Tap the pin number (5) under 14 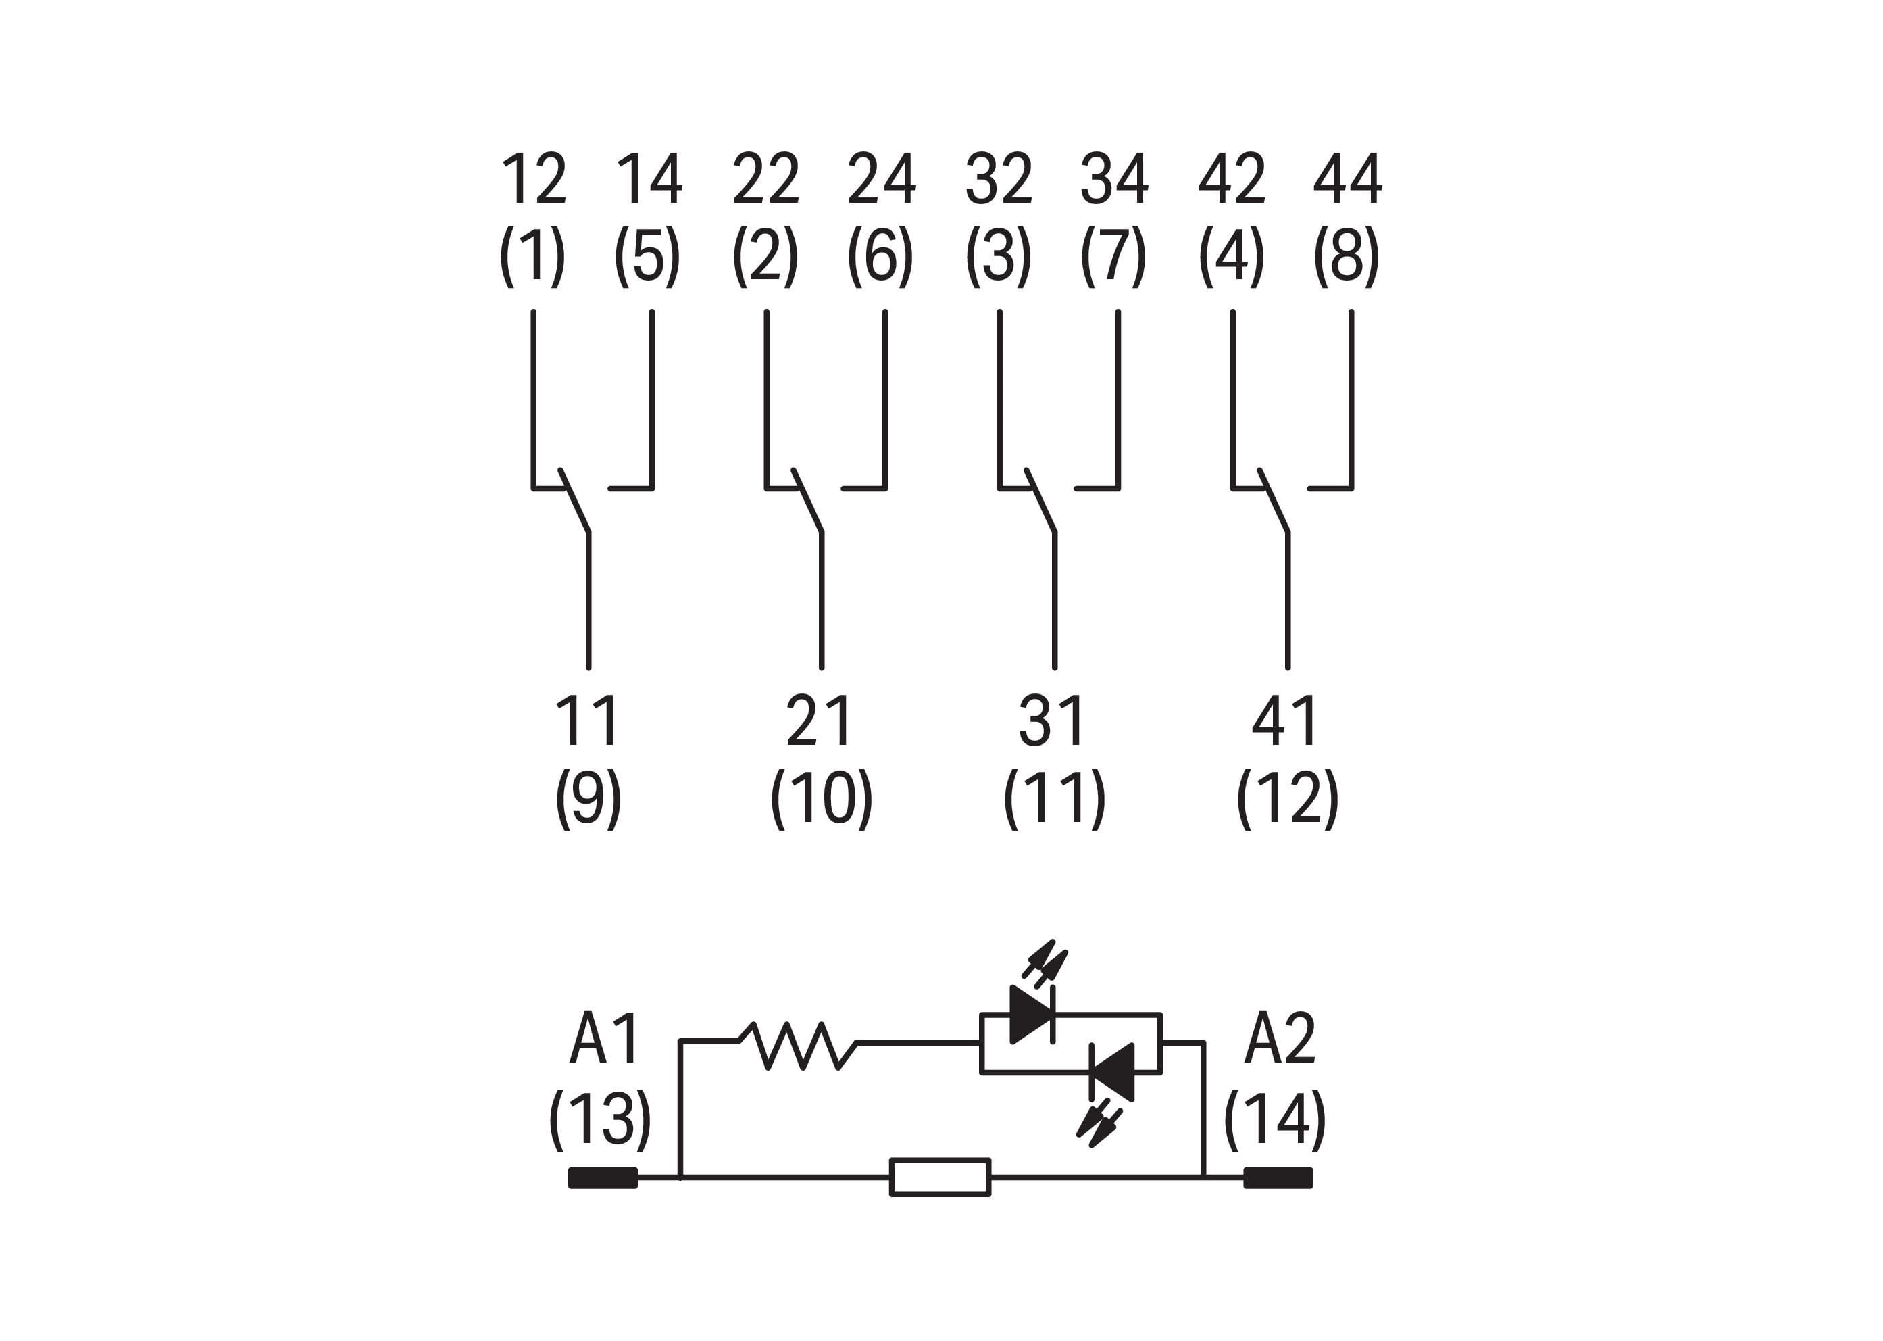click(647, 256)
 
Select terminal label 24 click(881, 179)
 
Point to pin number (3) click(998, 256)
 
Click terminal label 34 click(1114, 179)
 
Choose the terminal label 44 click(1347, 179)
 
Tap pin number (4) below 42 click(1232, 256)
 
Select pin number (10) click(821, 798)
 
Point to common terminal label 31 click(1052, 721)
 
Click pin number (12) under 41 click(1287, 798)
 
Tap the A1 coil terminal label click(604, 1039)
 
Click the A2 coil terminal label click(1280, 1039)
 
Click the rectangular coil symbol click(939, 1177)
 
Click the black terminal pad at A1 click(603, 1177)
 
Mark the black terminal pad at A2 click(1278, 1177)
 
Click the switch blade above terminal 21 click(807, 502)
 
